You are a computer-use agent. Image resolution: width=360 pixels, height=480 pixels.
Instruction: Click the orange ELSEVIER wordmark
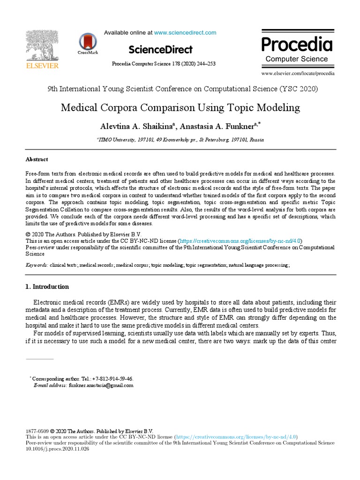(42, 66)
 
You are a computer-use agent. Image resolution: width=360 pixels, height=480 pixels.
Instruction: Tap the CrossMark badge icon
(88, 42)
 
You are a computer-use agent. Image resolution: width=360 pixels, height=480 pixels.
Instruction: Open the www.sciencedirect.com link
(185, 32)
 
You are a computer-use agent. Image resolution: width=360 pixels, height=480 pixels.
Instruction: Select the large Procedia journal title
(297, 45)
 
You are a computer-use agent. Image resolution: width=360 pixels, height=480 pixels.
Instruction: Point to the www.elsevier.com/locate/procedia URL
(298, 74)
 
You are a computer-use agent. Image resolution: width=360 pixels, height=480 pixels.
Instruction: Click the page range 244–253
(205, 64)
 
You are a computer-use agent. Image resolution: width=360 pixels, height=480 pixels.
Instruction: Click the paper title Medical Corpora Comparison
(180, 108)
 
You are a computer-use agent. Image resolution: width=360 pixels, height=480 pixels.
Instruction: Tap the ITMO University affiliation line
(180, 140)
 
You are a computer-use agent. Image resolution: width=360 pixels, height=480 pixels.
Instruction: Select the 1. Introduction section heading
(47, 286)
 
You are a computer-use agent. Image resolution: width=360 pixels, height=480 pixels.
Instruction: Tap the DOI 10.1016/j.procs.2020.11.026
(57, 449)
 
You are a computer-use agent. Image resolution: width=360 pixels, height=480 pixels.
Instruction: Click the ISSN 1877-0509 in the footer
(37, 430)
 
